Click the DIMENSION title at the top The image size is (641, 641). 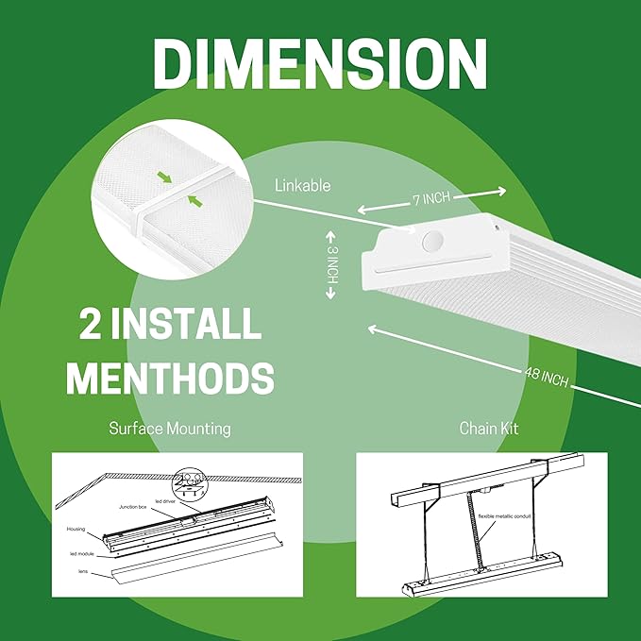(x=320, y=64)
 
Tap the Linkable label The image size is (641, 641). (x=302, y=186)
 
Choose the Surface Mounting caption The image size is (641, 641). (x=169, y=429)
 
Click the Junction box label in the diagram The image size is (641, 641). (x=131, y=507)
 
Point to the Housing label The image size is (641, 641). (x=77, y=530)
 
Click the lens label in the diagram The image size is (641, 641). (x=83, y=572)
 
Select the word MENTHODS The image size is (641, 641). (x=170, y=377)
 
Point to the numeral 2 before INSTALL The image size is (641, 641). (x=92, y=324)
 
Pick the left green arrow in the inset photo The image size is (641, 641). (x=166, y=177)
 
